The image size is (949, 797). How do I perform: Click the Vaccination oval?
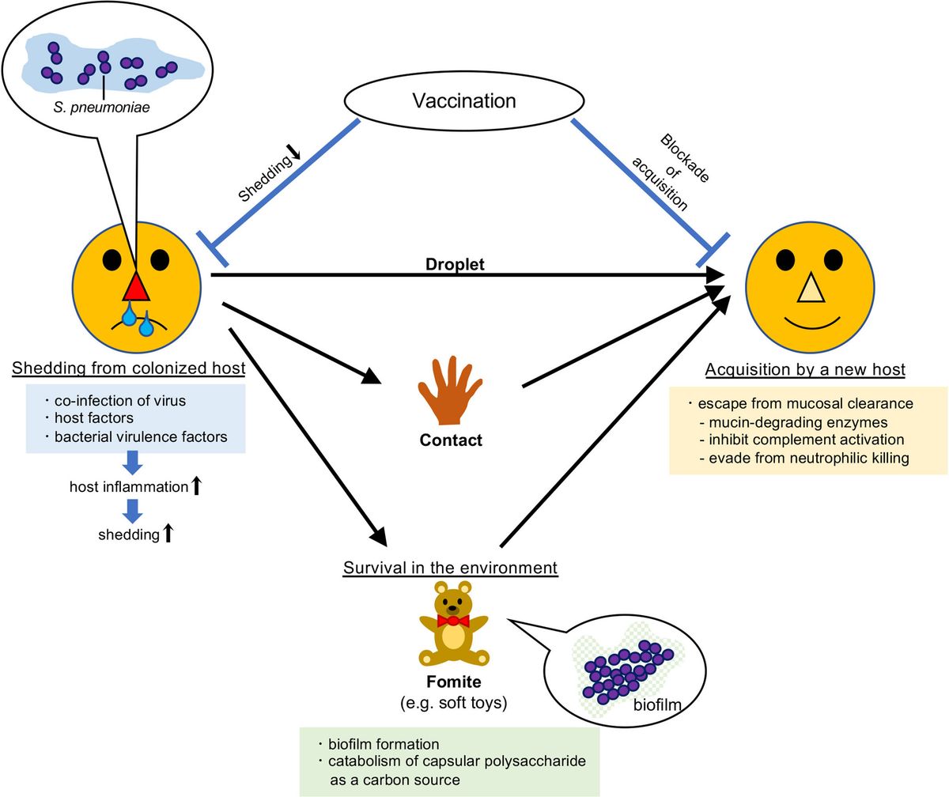click(464, 101)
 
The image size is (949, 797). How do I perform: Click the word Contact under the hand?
click(450, 440)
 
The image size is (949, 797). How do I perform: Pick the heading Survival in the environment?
click(450, 568)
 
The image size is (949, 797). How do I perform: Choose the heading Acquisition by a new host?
click(805, 369)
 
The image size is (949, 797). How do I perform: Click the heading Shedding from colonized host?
click(129, 369)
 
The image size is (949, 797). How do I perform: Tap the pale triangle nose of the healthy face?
click(811, 289)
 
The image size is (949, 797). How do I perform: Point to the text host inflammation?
click(128, 487)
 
